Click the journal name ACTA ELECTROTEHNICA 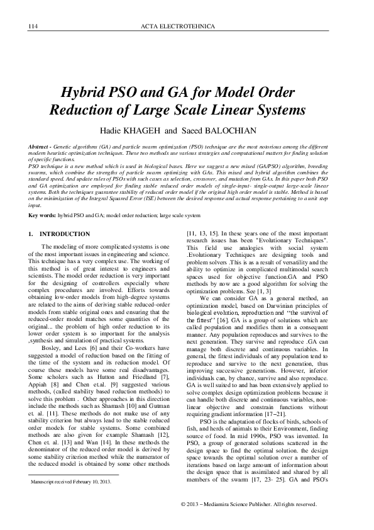coord(187,26)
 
